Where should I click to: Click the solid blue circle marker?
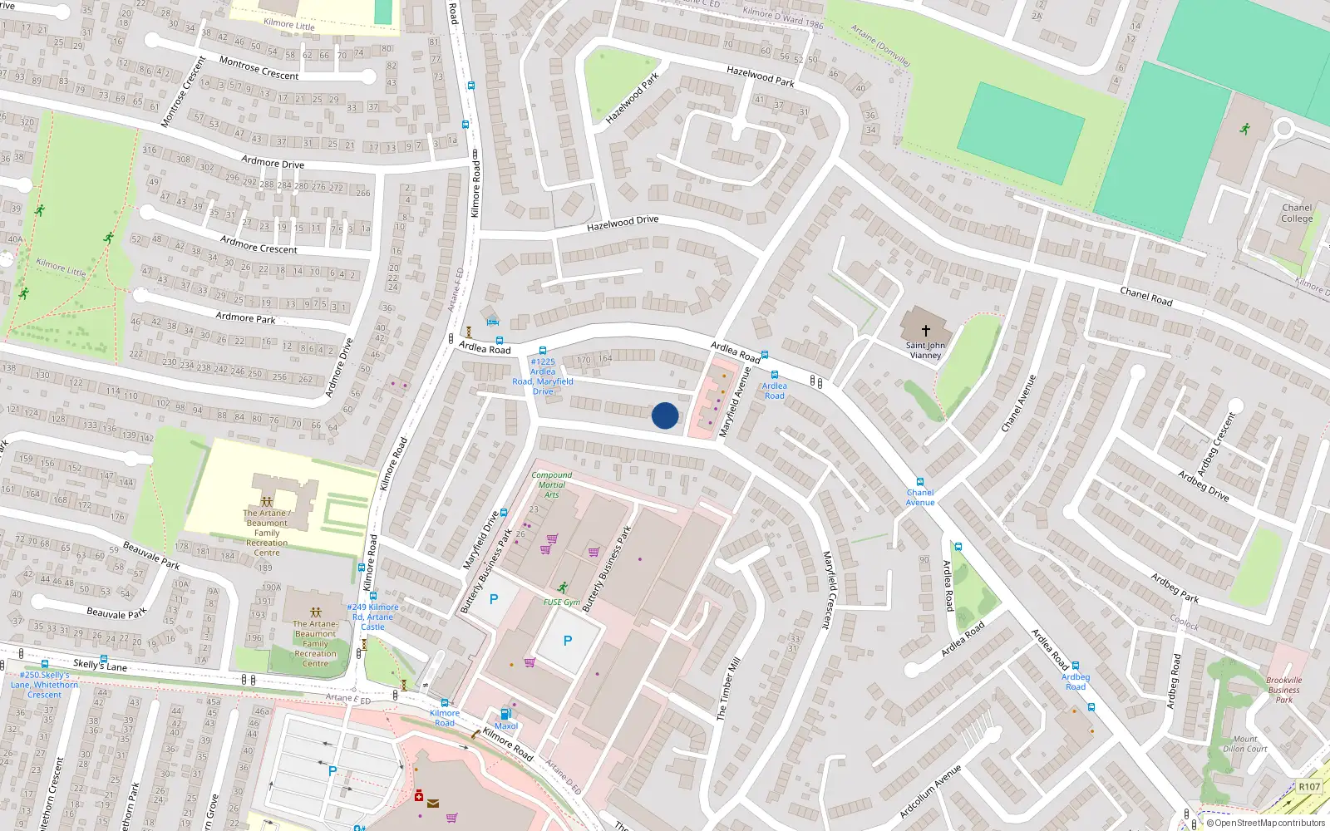click(x=665, y=415)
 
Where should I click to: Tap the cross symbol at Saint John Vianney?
click(x=925, y=330)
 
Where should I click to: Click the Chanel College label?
click(x=1297, y=214)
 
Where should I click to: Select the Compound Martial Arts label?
click(x=552, y=484)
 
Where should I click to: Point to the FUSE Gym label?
click(x=562, y=602)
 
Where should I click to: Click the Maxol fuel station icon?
click(x=505, y=714)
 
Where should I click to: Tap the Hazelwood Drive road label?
click(x=623, y=223)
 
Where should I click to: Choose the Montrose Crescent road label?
click(x=259, y=69)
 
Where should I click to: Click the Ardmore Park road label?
click(x=245, y=317)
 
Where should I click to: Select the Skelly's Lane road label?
click(x=100, y=665)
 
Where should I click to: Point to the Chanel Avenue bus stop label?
click(x=920, y=497)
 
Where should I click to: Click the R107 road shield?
click(x=1309, y=786)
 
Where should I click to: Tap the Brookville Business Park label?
click(x=1284, y=690)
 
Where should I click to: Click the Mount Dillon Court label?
click(x=1245, y=744)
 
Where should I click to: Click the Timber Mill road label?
click(x=728, y=689)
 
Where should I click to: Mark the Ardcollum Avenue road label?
click(x=930, y=791)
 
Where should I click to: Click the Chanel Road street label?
click(x=1146, y=296)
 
